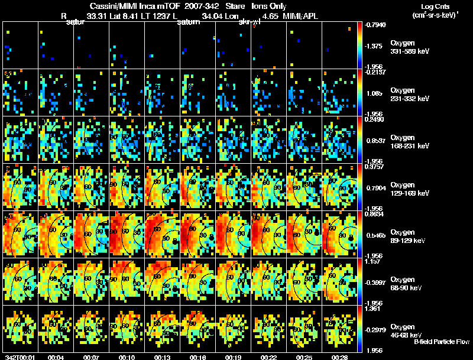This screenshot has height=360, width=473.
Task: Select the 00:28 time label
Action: point(339,357)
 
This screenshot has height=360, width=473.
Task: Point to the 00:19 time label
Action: point(234,357)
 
